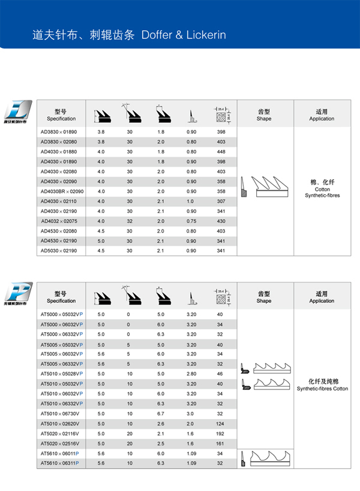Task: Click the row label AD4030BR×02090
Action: pos(62,191)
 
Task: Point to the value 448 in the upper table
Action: pos(221,151)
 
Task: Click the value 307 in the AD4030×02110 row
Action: pos(221,201)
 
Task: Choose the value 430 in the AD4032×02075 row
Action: pos(221,221)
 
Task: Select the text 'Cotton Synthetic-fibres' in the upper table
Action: pos(322,192)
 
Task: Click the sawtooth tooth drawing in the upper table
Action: pos(264,186)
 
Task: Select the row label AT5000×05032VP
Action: pos(62,314)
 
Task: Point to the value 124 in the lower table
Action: pos(220,423)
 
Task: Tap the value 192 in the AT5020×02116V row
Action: pos(220,433)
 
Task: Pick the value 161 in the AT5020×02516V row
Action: pos(220,444)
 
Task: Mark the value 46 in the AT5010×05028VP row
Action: pos(220,373)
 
